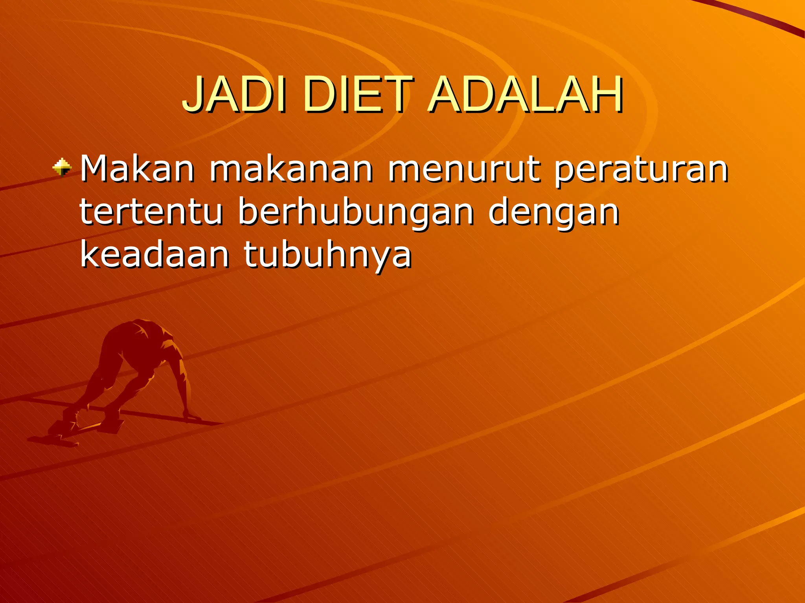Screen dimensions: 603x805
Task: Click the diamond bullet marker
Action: point(62,167)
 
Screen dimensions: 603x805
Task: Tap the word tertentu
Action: point(151,212)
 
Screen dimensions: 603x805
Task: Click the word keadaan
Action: point(154,255)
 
